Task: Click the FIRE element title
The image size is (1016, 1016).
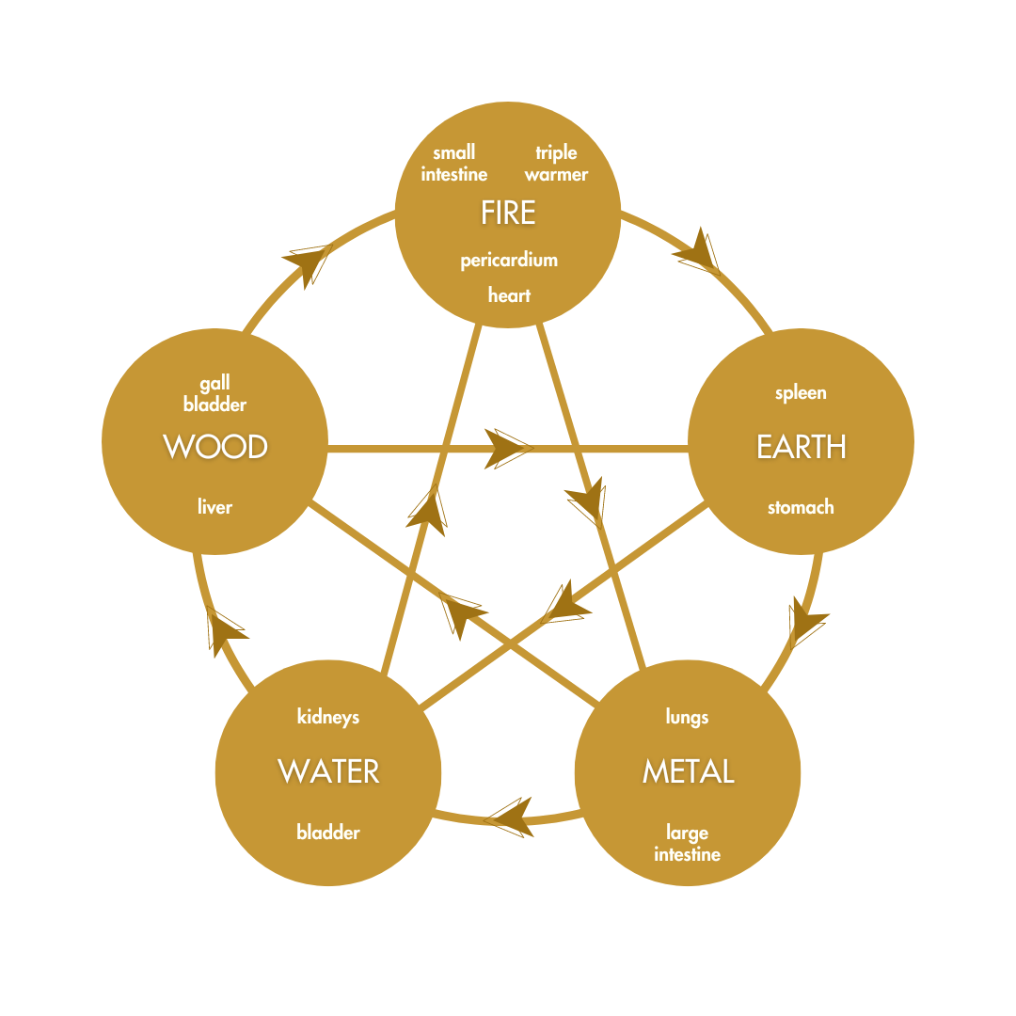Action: point(508,213)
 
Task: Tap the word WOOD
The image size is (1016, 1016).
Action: point(215,446)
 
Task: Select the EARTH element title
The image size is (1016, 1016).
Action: point(801,446)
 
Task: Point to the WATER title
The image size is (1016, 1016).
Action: point(328,771)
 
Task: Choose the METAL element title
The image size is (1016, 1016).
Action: point(688,771)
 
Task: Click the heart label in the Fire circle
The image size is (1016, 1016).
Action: point(509,295)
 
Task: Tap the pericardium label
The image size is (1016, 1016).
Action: point(509,261)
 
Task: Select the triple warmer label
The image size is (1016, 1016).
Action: point(556,164)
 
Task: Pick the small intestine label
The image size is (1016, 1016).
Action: point(454,164)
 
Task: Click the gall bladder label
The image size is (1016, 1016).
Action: point(214,394)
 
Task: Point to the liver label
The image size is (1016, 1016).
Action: point(214,507)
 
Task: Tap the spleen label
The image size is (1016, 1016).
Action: point(801,393)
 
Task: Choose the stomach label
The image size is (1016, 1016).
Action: point(801,507)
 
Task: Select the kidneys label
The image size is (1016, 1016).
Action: point(328,717)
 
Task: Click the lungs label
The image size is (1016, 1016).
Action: point(687,717)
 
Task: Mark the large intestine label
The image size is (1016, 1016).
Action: point(688,844)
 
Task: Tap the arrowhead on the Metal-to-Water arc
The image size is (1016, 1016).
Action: point(508,818)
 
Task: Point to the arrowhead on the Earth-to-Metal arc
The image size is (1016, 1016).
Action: point(806,621)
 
